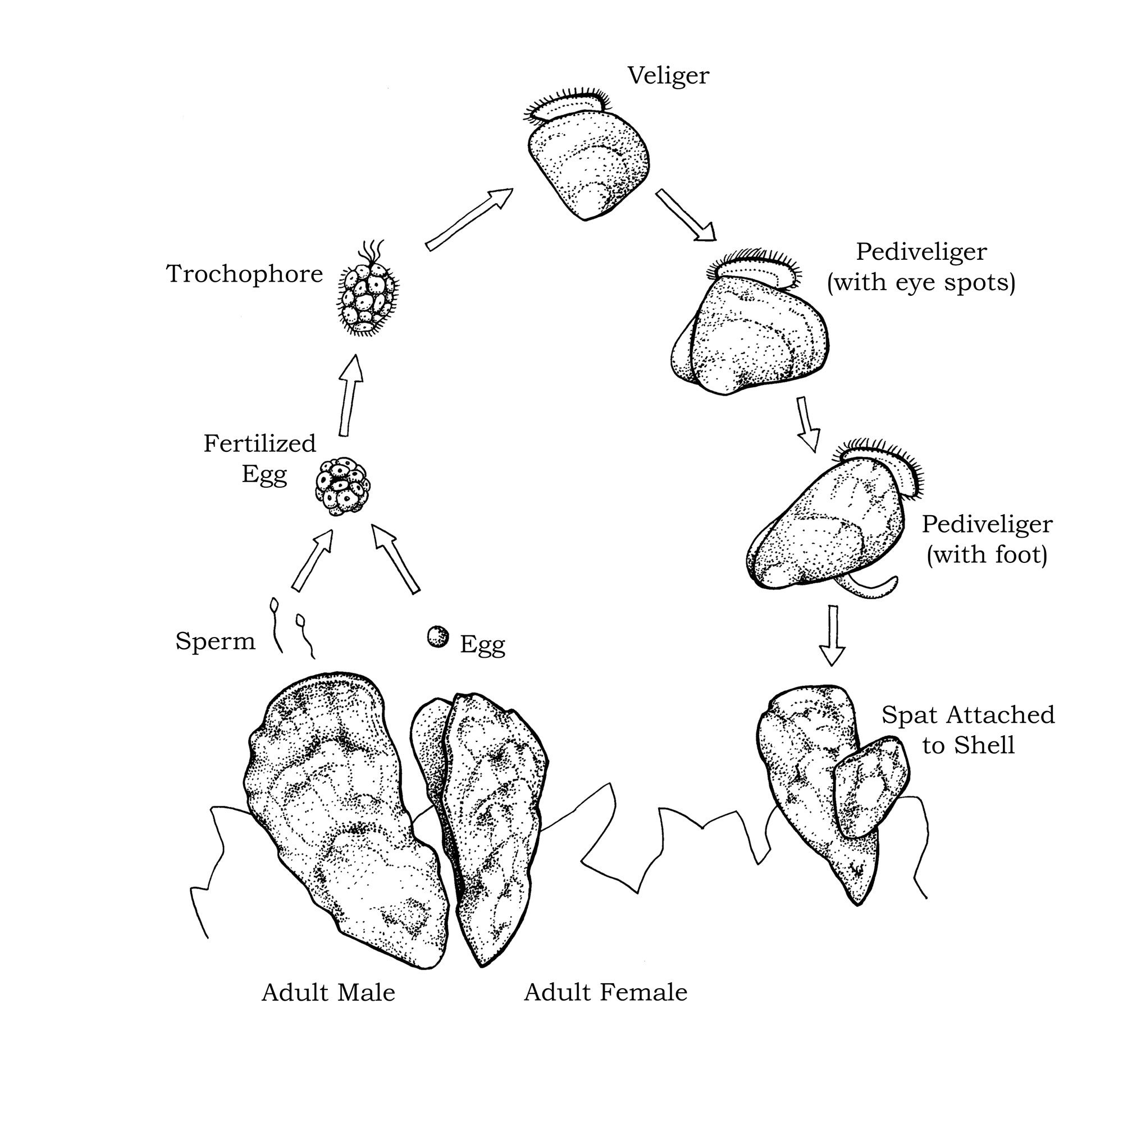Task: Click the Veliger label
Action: point(668,76)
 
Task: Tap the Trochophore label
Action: point(244,274)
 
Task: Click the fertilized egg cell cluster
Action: point(343,487)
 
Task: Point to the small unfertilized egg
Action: point(438,637)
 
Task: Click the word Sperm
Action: point(215,641)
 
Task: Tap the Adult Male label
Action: point(328,993)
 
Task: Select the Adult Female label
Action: point(605,993)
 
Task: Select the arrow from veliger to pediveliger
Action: point(686,215)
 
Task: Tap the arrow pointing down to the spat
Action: point(832,635)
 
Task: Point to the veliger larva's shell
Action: point(588,166)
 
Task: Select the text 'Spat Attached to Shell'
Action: point(967,731)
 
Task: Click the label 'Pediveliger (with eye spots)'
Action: point(921,267)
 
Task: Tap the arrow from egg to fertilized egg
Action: point(395,558)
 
